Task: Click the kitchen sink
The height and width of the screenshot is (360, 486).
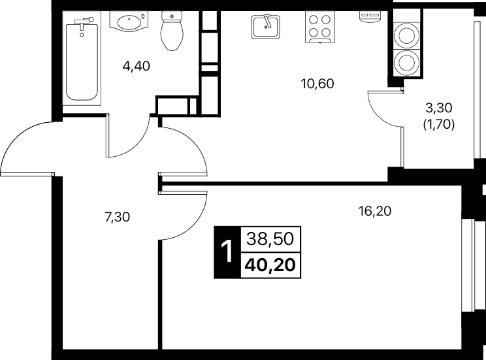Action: pyautogui.click(x=265, y=27)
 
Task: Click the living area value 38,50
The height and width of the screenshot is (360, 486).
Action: pyautogui.click(x=270, y=240)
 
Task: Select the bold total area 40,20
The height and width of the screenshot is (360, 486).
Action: pyautogui.click(x=270, y=265)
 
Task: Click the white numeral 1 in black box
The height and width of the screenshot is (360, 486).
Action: pyautogui.click(x=227, y=252)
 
